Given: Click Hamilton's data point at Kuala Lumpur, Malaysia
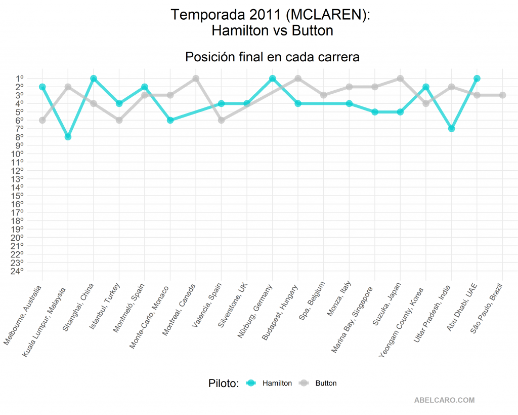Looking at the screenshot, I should pos(68,137).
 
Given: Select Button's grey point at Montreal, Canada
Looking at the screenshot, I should pos(196,79).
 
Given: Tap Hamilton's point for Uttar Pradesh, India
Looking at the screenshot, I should pos(451,129).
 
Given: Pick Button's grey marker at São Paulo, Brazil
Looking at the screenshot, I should pos(502,95).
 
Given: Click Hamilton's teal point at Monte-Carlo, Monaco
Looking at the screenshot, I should pos(170,120).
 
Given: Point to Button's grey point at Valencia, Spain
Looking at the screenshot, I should pos(221,120).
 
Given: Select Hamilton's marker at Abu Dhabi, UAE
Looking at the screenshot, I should pos(477,79).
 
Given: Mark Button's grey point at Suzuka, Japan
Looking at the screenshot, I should pos(400,79).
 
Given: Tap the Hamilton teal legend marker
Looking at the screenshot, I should pos(250,383).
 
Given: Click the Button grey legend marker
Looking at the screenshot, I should pos(304,383).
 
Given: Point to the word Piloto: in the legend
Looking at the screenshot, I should pos(223,383).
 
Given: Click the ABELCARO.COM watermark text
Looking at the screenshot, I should pos(444,400).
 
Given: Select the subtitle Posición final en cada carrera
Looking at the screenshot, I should pos(272,57).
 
